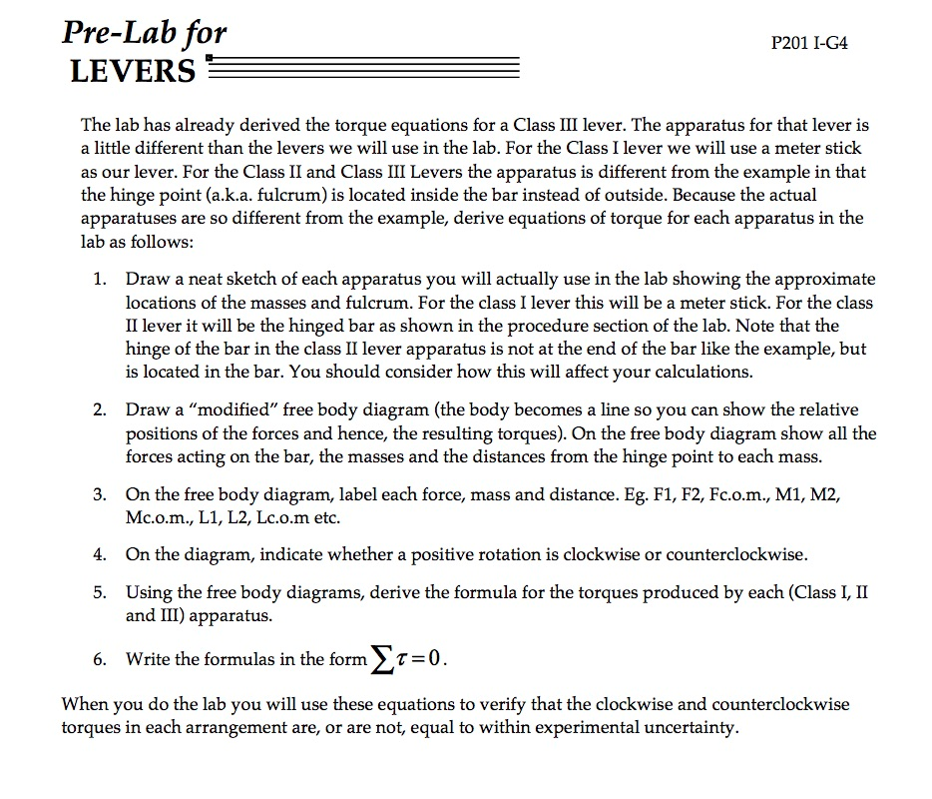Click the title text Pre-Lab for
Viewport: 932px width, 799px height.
(x=145, y=34)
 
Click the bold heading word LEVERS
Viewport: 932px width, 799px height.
(x=133, y=72)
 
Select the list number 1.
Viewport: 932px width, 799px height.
(x=101, y=280)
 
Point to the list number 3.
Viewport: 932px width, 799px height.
(x=101, y=495)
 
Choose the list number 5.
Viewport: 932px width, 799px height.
(x=101, y=592)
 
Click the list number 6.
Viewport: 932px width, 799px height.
(x=101, y=659)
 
